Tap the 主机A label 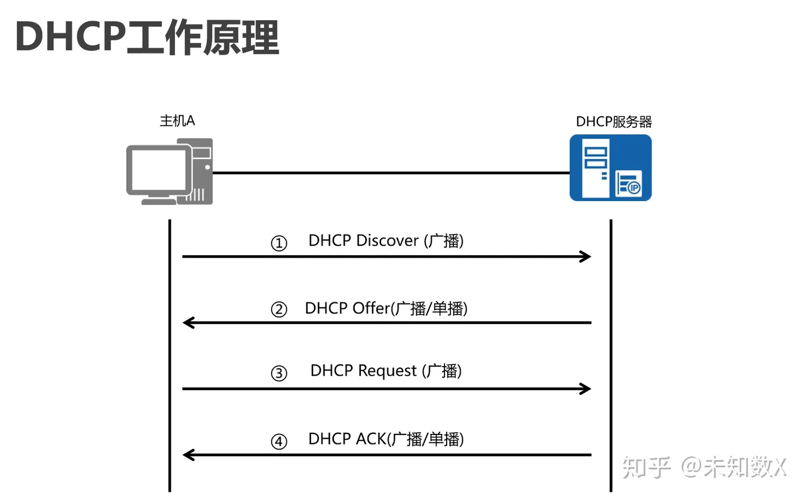pyautogui.click(x=177, y=121)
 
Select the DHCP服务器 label pyautogui.click(x=614, y=122)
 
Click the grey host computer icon pyautogui.click(x=169, y=171)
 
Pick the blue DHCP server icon pyautogui.click(x=610, y=167)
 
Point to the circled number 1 pyautogui.click(x=279, y=244)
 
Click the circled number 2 pyautogui.click(x=279, y=310)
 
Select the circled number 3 pyautogui.click(x=279, y=373)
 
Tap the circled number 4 pyautogui.click(x=279, y=442)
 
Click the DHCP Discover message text pyautogui.click(x=386, y=241)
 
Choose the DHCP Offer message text pyautogui.click(x=386, y=309)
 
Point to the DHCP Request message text pyautogui.click(x=386, y=371)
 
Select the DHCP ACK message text pyautogui.click(x=386, y=439)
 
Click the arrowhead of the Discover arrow pyautogui.click(x=586, y=257)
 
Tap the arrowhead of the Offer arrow pyautogui.click(x=188, y=323)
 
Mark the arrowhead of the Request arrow pyautogui.click(x=586, y=389)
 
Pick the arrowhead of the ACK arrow pyautogui.click(x=188, y=455)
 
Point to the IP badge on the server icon pyautogui.click(x=634, y=188)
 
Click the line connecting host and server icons pyautogui.click(x=391, y=173)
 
